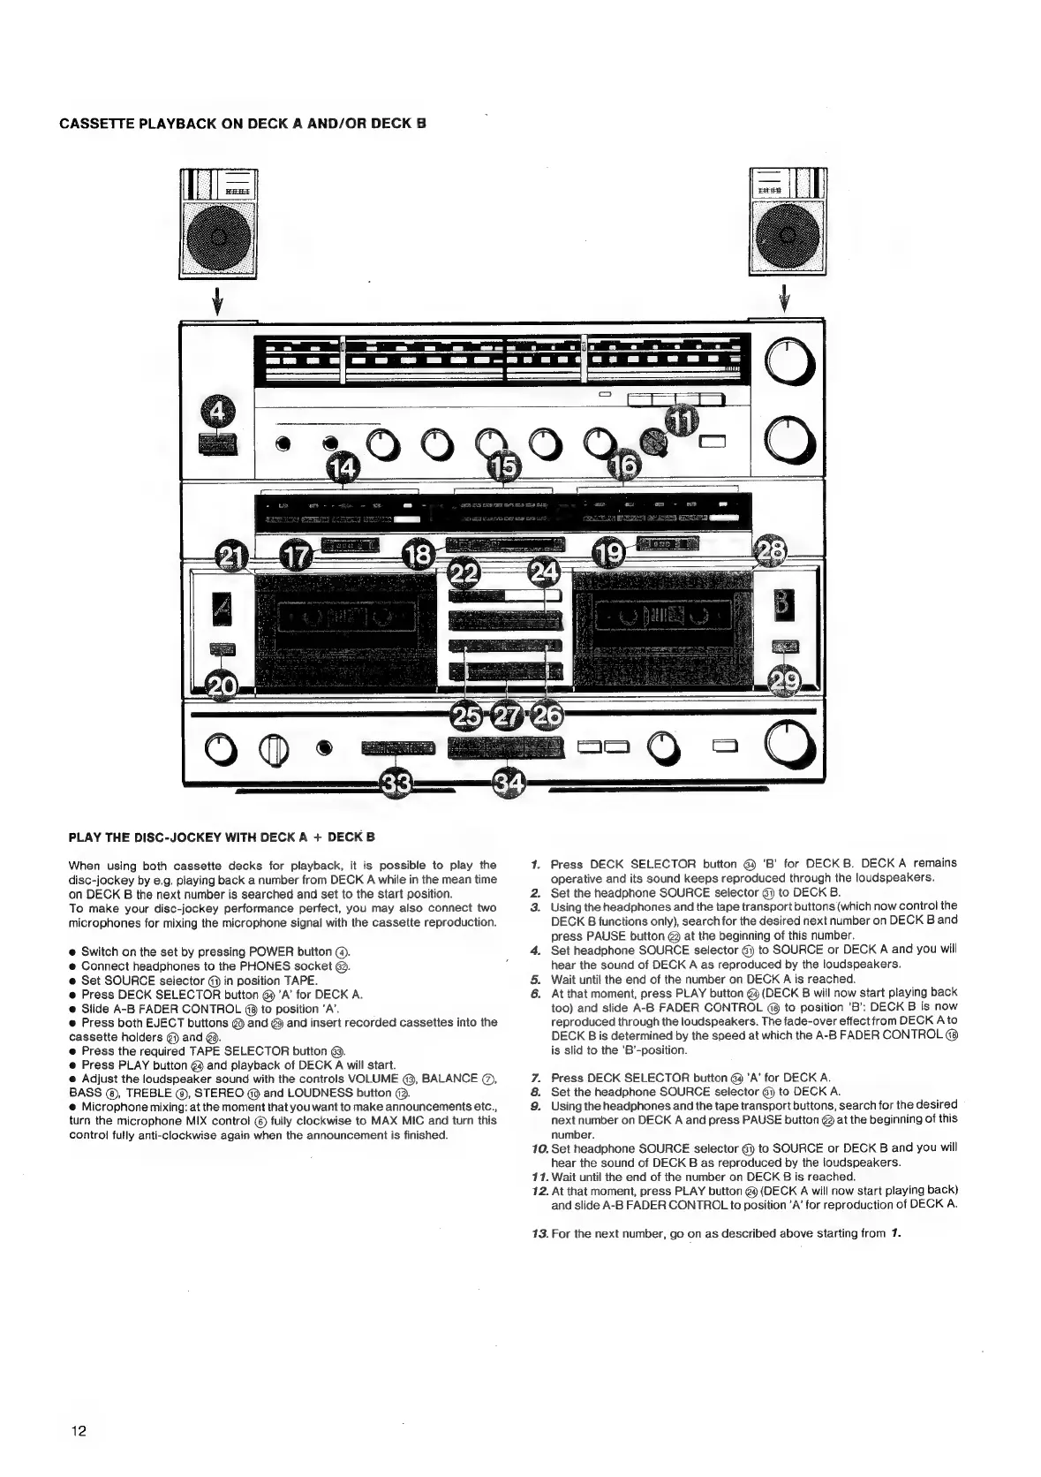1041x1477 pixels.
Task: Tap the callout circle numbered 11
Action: pyautogui.click(x=680, y=422)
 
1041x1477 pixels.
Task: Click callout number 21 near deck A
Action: pyautogui.click(x=233, y=557)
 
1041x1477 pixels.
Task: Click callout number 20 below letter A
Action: pyautogui.click(x=222, y=684)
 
